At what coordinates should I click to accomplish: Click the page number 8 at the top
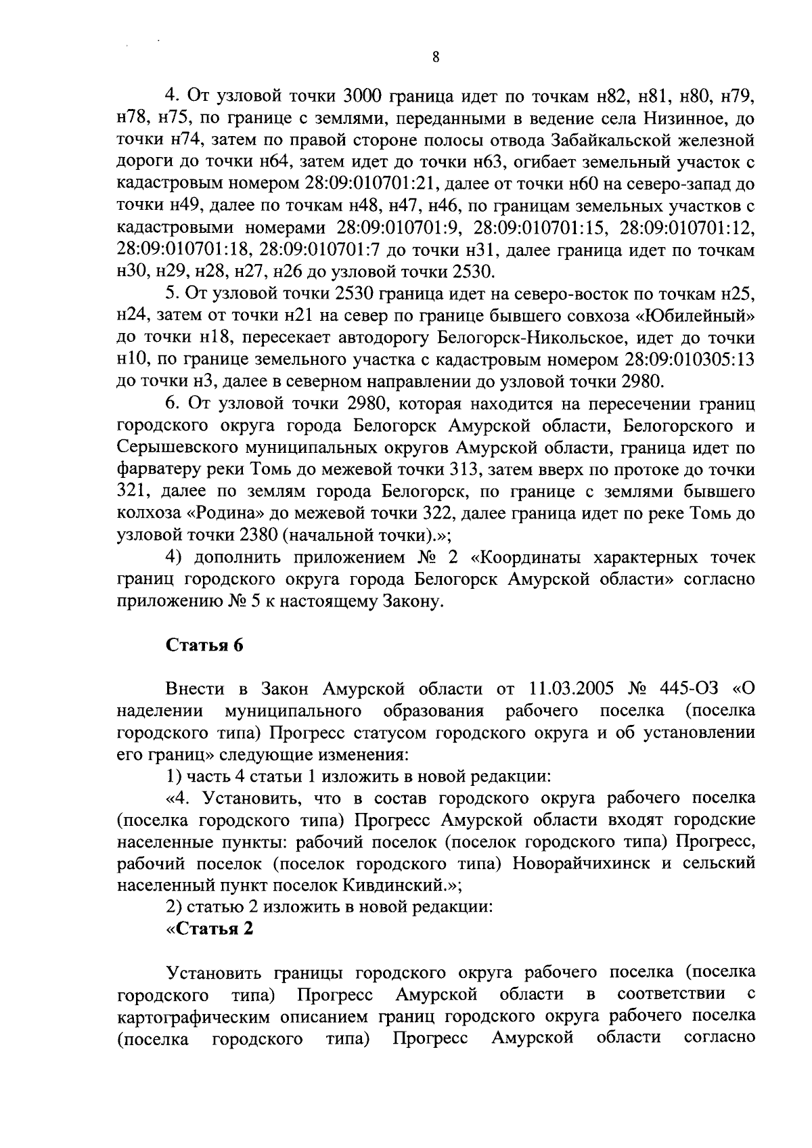(x=435, y=58)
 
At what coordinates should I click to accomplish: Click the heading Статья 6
(x=204, y=645)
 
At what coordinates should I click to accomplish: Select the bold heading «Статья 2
(x=210, y=928)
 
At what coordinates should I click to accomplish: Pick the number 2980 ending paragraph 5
(x=639, y=381)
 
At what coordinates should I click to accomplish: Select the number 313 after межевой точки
(x=466, y=469)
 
